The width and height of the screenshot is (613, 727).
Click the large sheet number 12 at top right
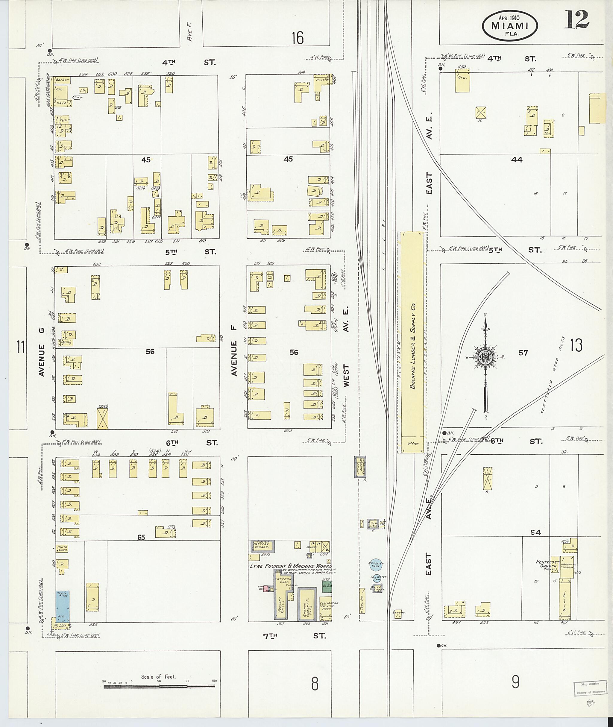[576, 20]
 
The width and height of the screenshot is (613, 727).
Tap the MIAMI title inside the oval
[510, 26]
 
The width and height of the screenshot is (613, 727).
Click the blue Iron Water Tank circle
[376, 579]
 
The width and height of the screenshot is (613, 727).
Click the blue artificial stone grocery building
[63, 606]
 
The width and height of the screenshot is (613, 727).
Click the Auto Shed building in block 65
[63, 548]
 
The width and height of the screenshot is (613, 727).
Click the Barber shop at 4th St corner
[62, 80]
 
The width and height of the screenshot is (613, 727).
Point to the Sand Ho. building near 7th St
[397, 613]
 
